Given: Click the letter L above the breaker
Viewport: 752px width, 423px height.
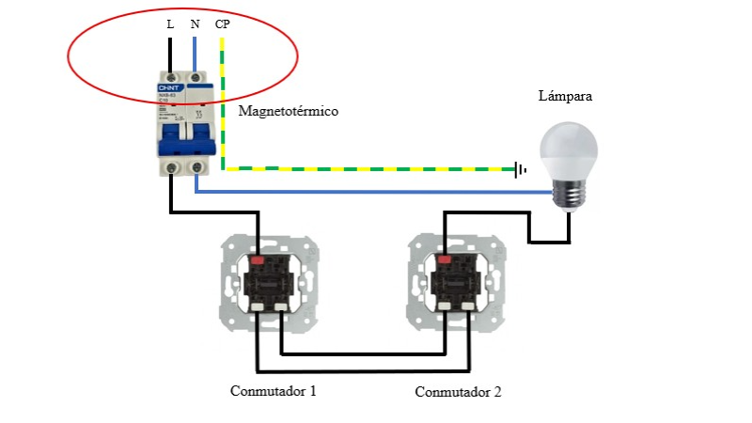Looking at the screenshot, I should (170, 24).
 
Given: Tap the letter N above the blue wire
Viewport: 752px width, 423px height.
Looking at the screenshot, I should (195, 24).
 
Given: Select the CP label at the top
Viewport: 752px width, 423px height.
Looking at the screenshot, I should (223, 24).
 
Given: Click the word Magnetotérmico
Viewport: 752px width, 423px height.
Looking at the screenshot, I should (289, 111).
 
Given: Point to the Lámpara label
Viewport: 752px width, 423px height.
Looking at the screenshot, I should (565, 96).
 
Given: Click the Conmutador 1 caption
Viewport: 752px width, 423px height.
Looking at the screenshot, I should (274, 390).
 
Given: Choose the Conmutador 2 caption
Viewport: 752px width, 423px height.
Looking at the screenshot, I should (459, 391).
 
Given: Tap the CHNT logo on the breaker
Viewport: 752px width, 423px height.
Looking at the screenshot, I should (170, 87).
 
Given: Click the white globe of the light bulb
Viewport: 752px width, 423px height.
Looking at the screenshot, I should (567, 149).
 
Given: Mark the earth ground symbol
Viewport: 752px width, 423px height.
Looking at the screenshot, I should (520, 170).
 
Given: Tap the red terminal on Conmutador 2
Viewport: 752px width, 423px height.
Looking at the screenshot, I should (445, 257).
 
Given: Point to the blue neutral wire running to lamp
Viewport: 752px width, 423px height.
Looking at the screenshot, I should (376, 193).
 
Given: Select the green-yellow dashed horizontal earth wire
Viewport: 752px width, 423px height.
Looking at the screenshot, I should (376, 169).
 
